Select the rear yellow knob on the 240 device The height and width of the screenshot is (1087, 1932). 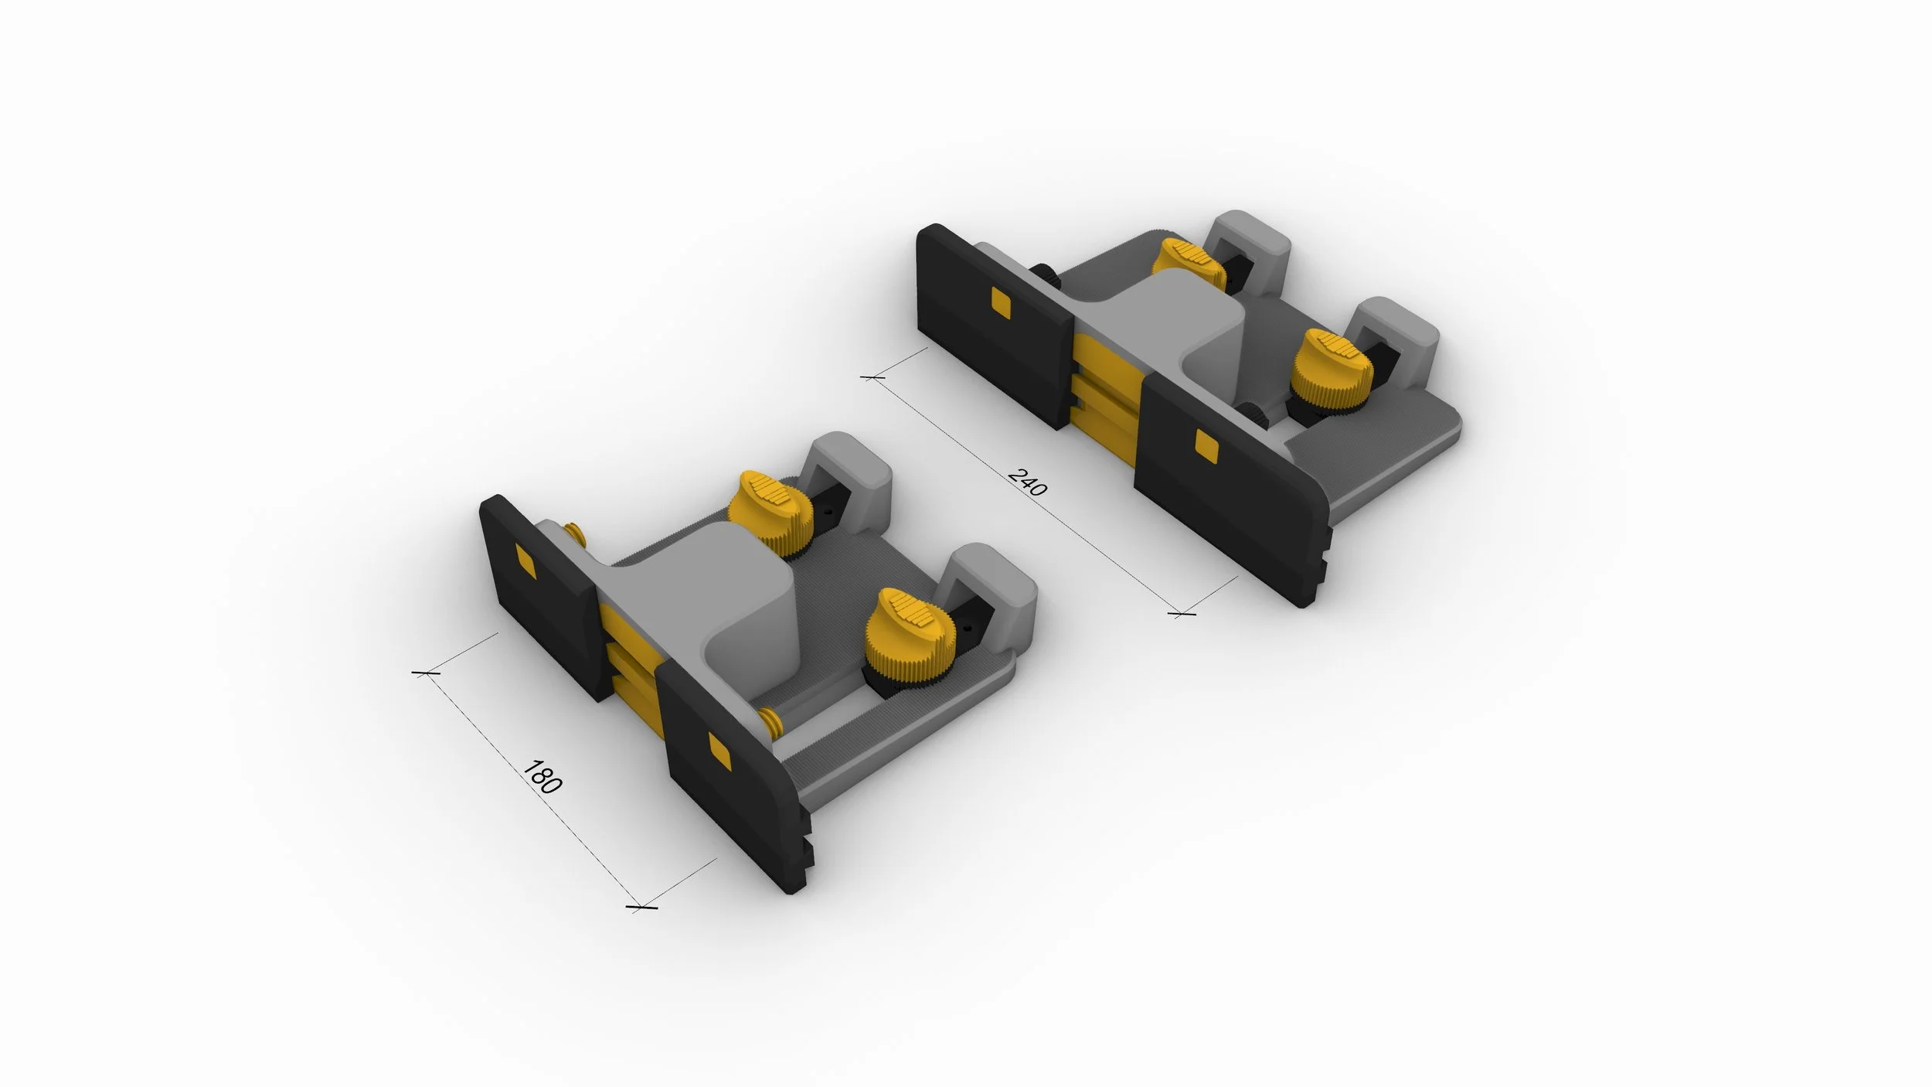pyautogui.click(x=1186, y=264)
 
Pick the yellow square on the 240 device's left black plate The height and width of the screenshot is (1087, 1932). pyautogui.click(x=1002, y=303)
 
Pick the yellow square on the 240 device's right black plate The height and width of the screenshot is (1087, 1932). pyautogui.click(x=1206, y=445)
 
